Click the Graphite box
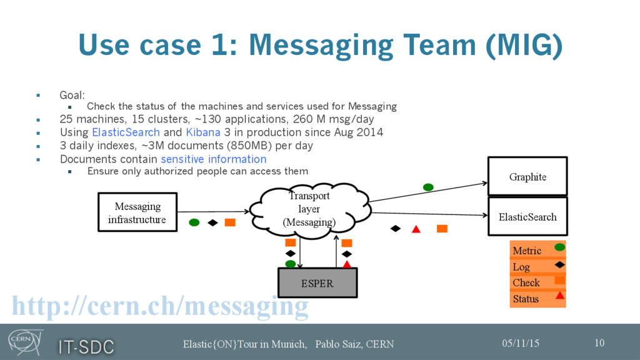coord(527,176)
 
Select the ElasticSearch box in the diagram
coord(527,217)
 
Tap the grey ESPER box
coord(317,283)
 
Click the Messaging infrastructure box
coord(137,212)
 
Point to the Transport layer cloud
coord(309,209)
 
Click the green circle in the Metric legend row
coord(559,247)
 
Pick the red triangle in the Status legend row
coord(559,296)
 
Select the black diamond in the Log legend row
coord(559,264)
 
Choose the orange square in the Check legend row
coord(559,280)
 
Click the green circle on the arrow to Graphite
coord(428,187)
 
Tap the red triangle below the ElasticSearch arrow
coord(416,229)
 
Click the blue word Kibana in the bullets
coord(203,132)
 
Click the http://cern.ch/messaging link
coord(160,306)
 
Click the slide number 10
coord(599,342)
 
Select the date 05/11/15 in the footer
coord(521,343)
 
